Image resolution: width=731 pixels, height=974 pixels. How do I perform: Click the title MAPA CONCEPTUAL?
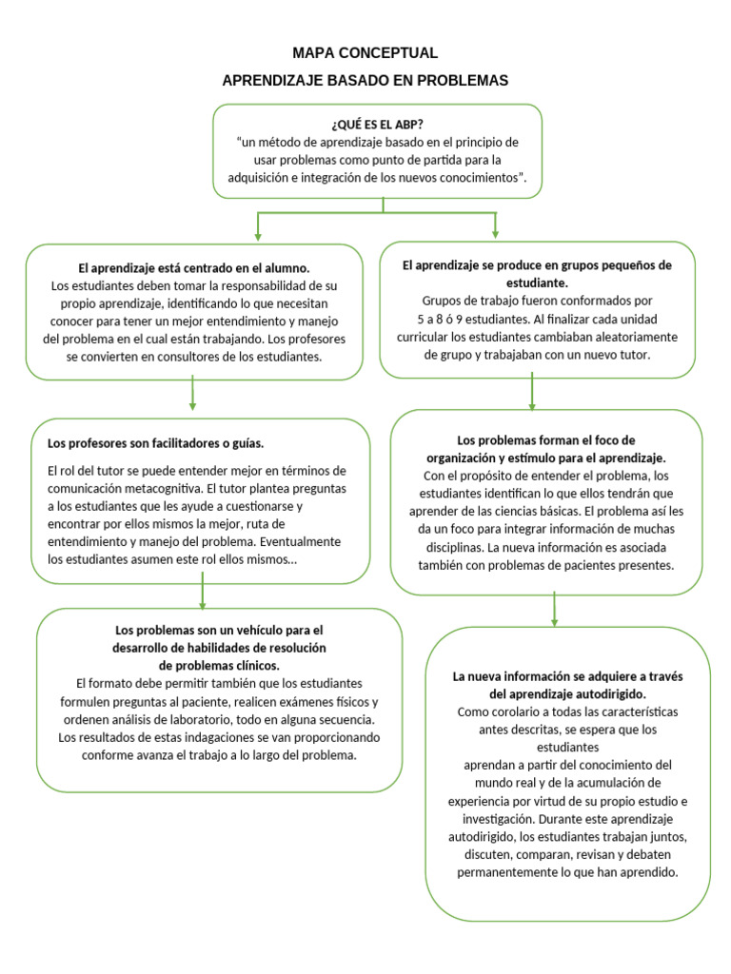[365, 53]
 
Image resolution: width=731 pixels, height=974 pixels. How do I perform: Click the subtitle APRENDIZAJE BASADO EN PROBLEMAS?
[365, 81]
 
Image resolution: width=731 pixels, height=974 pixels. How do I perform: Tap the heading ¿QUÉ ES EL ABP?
[378, 125]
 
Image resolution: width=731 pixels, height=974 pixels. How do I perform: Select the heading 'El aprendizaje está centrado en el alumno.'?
[194, 268]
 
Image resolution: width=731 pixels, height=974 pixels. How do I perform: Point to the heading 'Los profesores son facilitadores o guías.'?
[155, 443]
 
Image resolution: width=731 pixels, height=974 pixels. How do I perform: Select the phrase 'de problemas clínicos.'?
[220, 665]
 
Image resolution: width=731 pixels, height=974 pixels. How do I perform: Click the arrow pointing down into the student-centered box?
[258, 228]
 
